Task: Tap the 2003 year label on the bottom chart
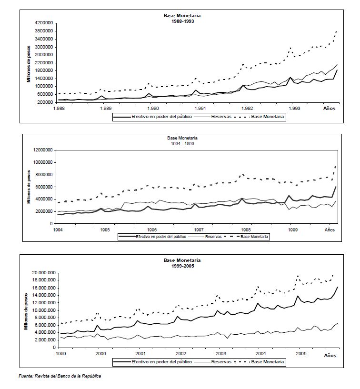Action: point(220,355)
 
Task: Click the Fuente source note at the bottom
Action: point(60,376)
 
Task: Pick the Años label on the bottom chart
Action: point(330,356)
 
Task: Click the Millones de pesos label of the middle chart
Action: point(29,187)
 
